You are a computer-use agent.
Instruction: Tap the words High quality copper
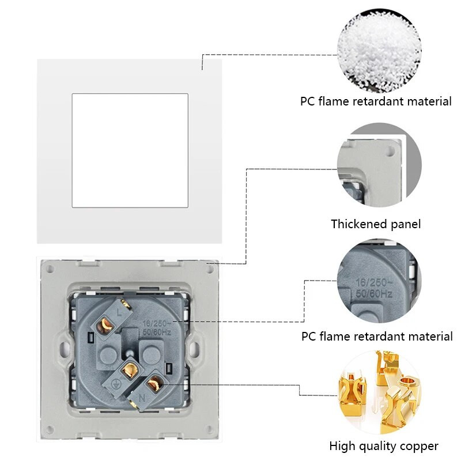point(384,446)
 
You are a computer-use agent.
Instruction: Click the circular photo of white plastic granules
point(379,50)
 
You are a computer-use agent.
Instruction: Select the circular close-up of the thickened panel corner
point(379,165)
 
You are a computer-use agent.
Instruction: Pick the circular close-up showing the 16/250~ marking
point(379,281)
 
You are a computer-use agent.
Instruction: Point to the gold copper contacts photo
point(379,392)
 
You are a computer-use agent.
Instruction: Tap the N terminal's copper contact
point(154,384)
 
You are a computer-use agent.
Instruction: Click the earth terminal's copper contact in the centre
point(130,371)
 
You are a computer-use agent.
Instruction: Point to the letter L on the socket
point(119,312)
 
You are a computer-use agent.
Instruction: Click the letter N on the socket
point(142,398)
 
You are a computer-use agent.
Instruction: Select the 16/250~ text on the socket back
point(156,323)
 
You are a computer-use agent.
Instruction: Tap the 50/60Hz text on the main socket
point(157,332)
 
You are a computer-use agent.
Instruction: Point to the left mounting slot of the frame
point(65,349)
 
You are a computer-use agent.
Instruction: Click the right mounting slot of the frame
point(194,349)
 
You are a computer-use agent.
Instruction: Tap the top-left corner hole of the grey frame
point(50,269)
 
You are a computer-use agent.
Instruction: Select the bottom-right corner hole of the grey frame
point(209,429)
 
